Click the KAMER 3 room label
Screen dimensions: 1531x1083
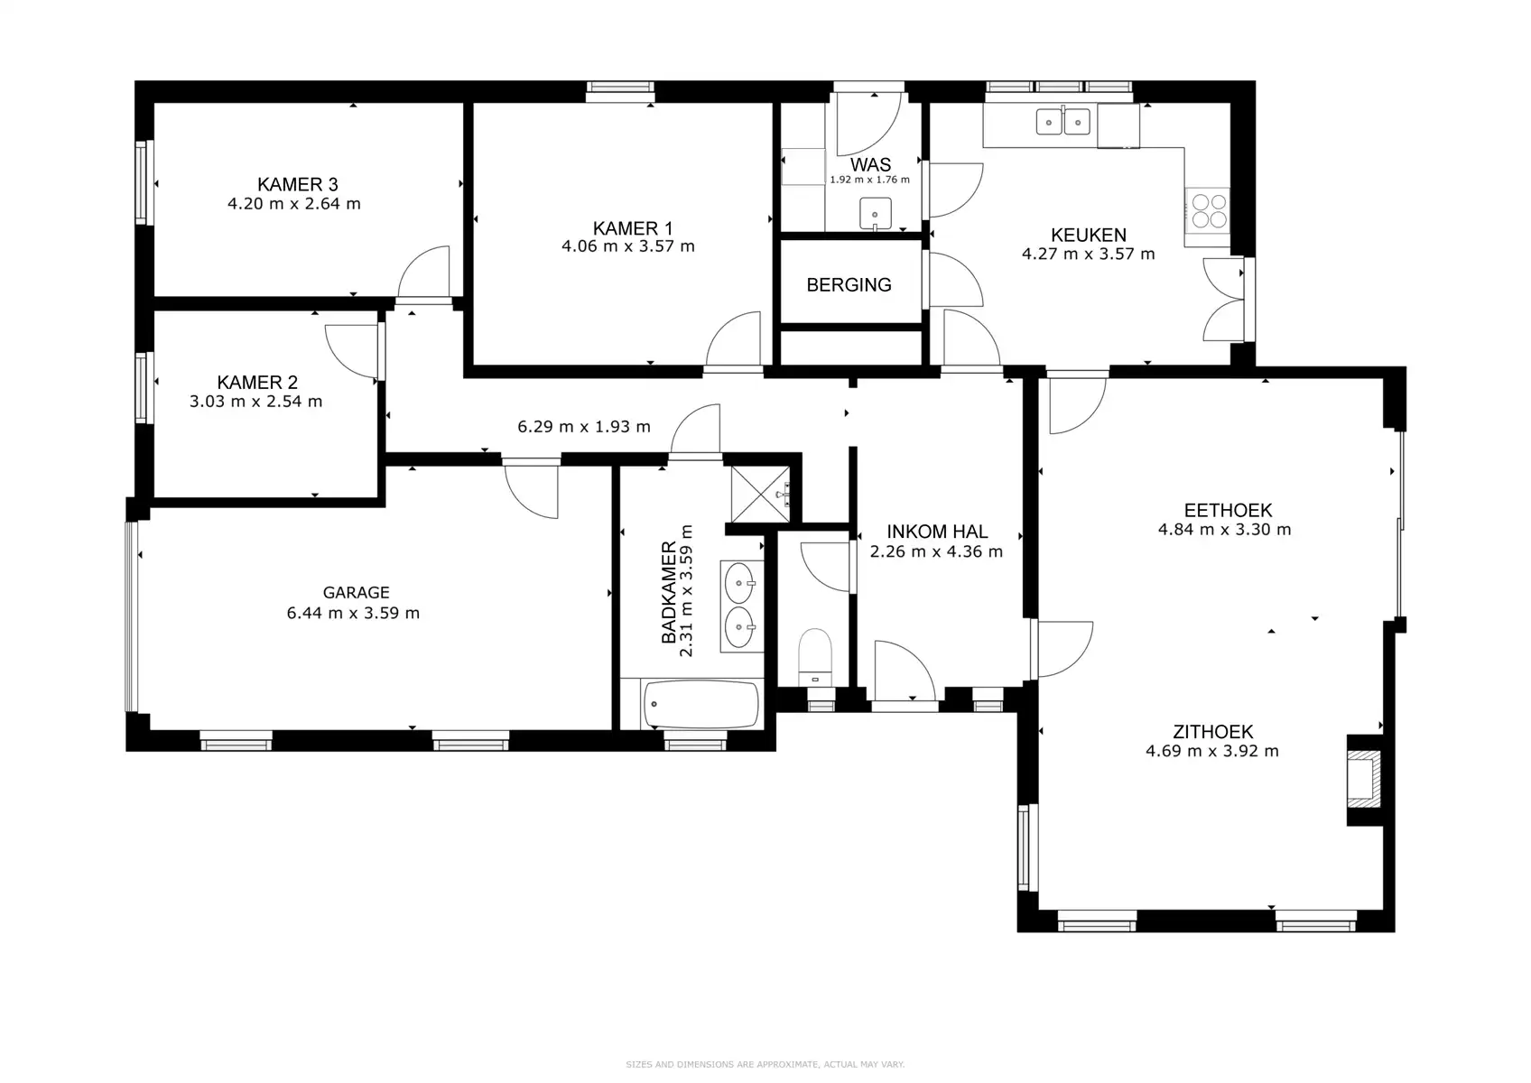point(297,184)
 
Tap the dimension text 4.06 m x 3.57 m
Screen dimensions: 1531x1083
point(628,246)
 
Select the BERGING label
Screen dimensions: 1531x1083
point(849,285)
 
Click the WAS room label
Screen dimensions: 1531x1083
point(871,164)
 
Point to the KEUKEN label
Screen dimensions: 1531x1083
point(1089,235)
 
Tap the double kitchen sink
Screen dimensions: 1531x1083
point(1062,123)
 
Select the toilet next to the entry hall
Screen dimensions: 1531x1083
point(815,657)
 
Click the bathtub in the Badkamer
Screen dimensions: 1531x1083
point(701,704)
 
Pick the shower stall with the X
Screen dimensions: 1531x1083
point(761,494)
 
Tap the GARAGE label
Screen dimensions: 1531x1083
point(356,592)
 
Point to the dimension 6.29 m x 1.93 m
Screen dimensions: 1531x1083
point(584,427)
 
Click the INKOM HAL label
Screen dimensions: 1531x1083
point(937,532)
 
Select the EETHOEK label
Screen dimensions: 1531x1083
point(1229,511)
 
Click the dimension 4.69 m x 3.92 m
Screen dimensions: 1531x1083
point(1211,751)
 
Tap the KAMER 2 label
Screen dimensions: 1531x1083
point(257,383)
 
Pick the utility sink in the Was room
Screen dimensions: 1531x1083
point(875,214)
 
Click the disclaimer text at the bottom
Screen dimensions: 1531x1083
point(765,1064)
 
